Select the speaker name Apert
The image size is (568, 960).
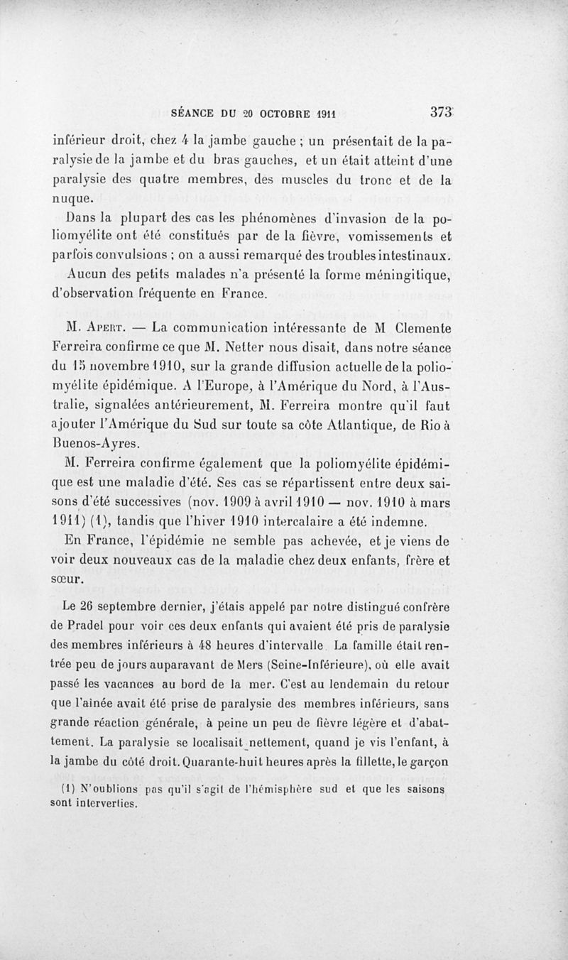pos(108,329)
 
